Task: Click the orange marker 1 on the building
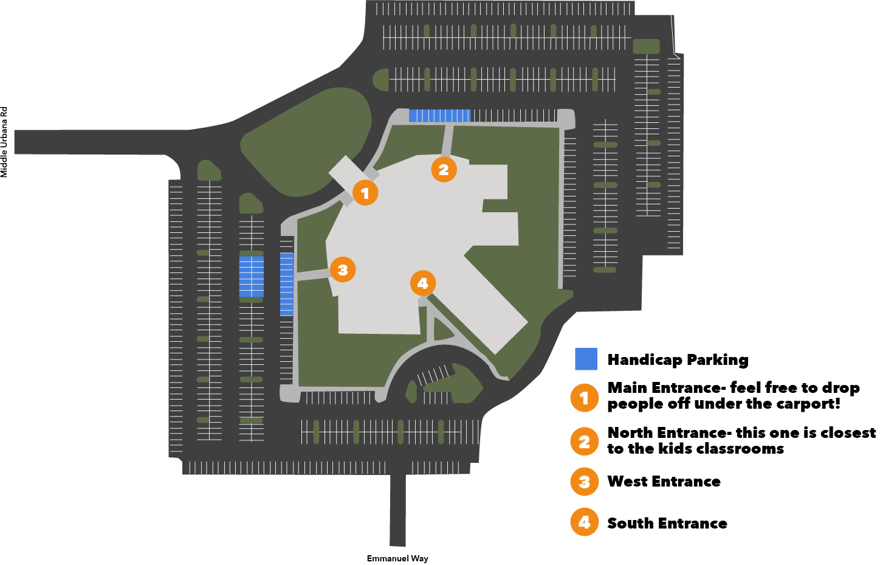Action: (365, 193)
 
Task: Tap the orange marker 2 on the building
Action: (444, 170)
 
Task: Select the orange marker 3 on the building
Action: (343, 269)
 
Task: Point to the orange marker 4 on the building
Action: (423, 283)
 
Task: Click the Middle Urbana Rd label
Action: (4, 142)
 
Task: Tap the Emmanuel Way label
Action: (397, 558)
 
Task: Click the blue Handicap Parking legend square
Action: (586, 359)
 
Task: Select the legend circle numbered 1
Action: (584, 398)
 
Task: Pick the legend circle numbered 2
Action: (584, 442)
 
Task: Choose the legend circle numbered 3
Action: (584, 482)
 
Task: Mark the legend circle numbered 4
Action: (584, 522)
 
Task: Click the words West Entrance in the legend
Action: (664, 482)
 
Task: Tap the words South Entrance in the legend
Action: (667, 523)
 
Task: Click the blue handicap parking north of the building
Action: (439, 116)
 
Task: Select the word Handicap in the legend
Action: (645, 360)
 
